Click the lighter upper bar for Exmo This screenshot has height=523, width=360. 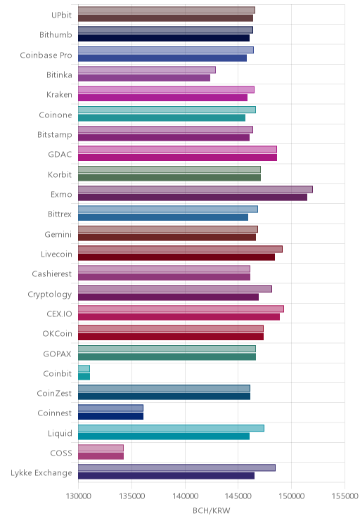(x=195, y=190)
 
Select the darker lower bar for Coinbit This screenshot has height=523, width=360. (x=84, y=377)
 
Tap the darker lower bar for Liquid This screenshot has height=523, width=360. (x=164, y=437)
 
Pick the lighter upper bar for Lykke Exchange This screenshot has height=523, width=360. (x=176, y=468)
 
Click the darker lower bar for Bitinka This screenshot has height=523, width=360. (x=144, y=78)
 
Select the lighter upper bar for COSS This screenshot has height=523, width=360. (x=101, y=448)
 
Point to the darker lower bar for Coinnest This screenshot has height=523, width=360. (x=111, y=416)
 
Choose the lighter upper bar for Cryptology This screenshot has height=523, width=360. (x=175, y=289)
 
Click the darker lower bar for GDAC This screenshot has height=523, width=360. (x=177, y=157)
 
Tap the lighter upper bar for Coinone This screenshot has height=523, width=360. (x=167, y=110)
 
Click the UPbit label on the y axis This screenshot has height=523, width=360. (x=61, y=15)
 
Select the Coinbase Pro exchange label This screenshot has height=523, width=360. (x=46, y=55)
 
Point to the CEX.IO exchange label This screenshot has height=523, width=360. (x=59, y=314)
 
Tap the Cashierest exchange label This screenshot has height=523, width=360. (x=52, y=274)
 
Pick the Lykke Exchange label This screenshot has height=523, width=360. (x=41, y=473)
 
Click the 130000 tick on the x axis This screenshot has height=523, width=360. (x=79, y=496)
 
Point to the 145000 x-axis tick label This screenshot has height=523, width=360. (x=238, y=496)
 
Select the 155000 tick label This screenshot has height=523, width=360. (x=345, y=496)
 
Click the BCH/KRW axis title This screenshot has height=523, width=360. (x=212, y=510)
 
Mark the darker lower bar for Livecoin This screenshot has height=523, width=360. (x=176, y=257)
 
